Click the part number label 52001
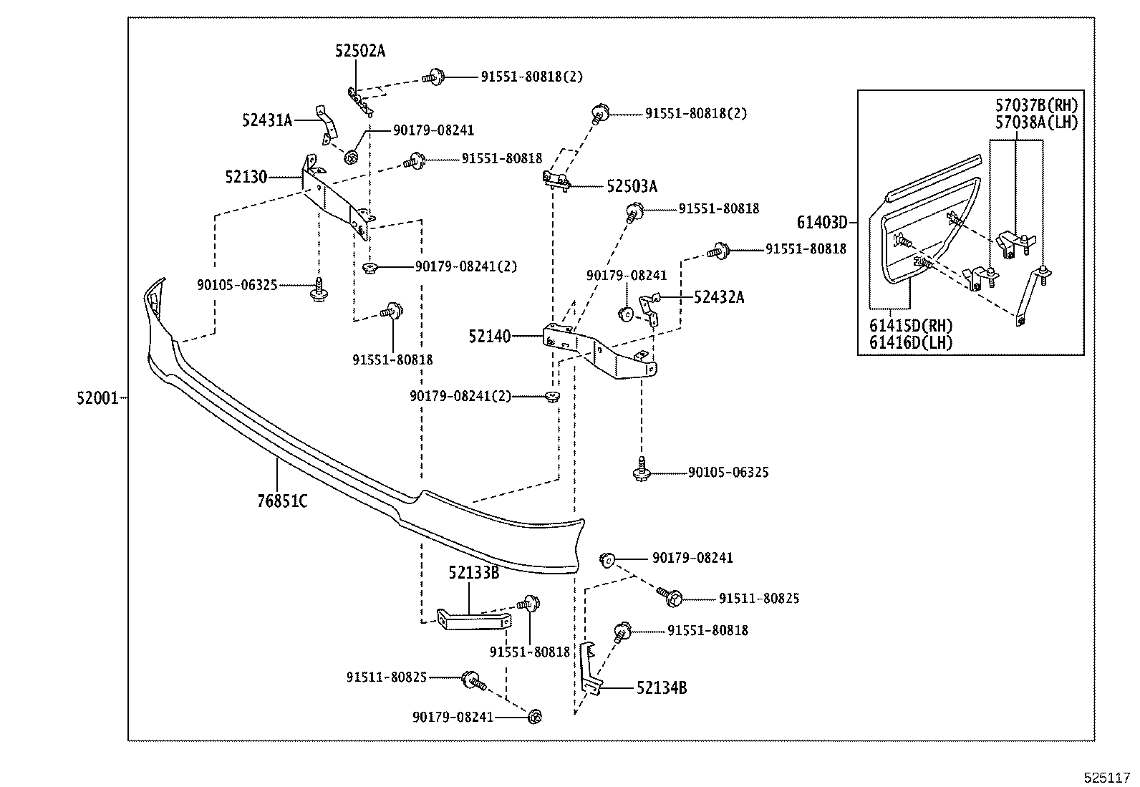pos(97,398)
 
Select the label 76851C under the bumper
pos(282,501)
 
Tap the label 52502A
pos(359,51)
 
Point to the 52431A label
pos(267,120)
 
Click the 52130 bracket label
pos(246,177)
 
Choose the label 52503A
pos(632,186)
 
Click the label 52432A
pos(718,297)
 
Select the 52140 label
pos(490,336)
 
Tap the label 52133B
pos(473,572)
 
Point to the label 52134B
pos(662,688)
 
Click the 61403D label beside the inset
pos(822,223)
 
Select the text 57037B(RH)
pos(1036,106)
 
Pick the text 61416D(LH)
pos(911,342)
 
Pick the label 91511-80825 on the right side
pos(759,599)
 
